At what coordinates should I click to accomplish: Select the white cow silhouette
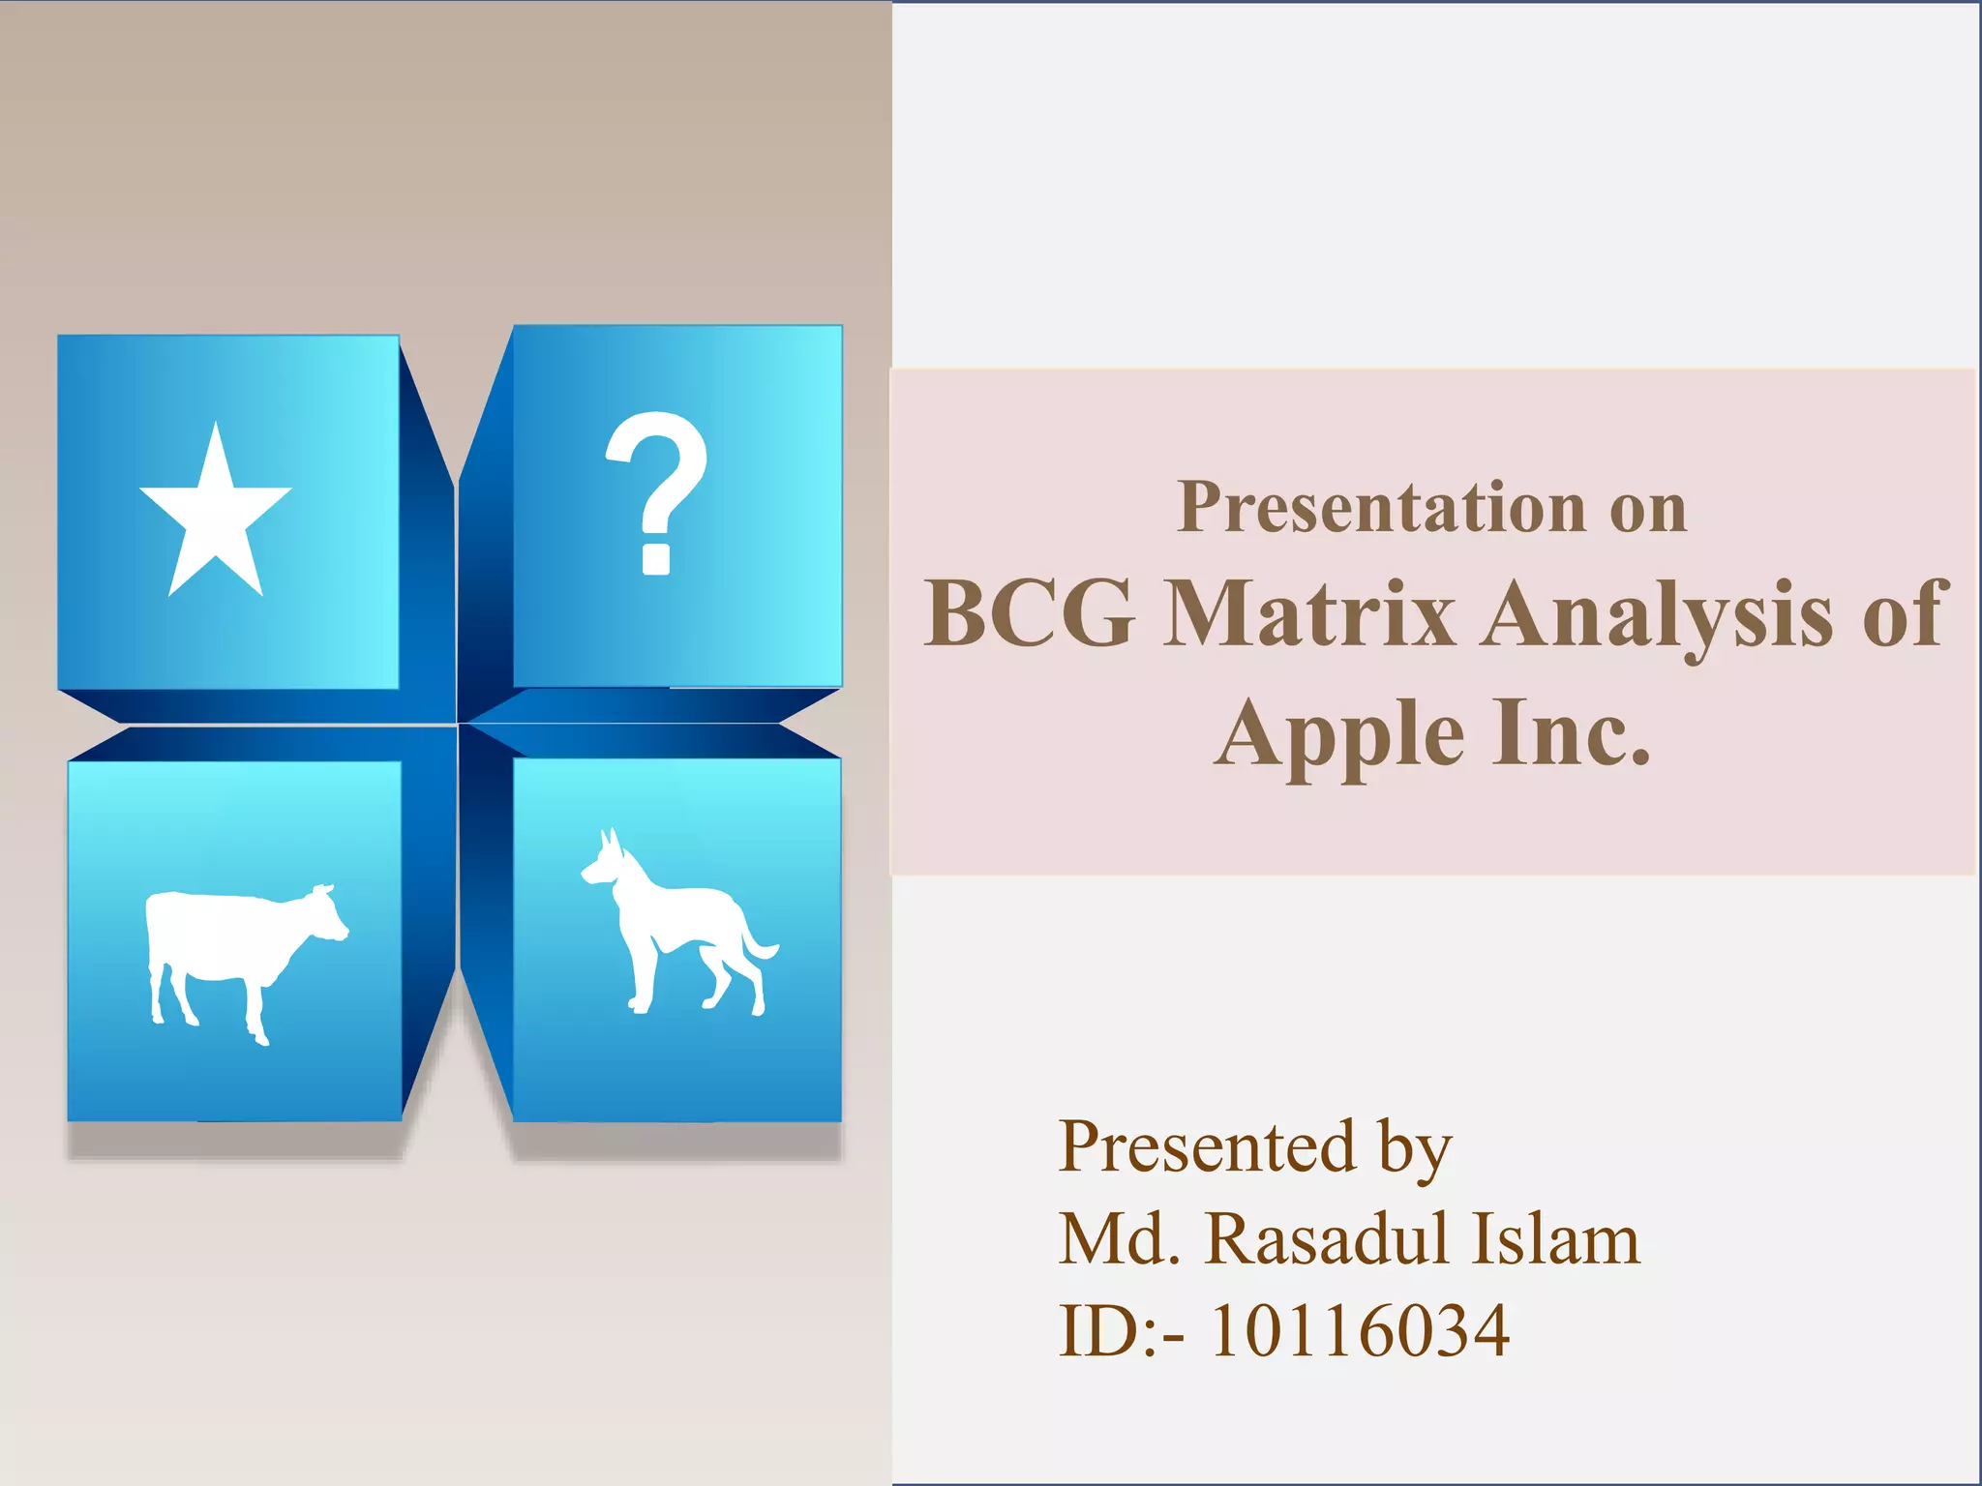(237, 953)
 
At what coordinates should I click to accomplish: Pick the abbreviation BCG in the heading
(1029, 613)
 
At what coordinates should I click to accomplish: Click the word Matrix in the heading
(1308, 613)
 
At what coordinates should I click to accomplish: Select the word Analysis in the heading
(1657, 615)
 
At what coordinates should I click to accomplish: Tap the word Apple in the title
(1340, 735)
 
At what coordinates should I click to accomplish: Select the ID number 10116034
(1360, 1331)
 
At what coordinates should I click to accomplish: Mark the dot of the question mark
(656, 559)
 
